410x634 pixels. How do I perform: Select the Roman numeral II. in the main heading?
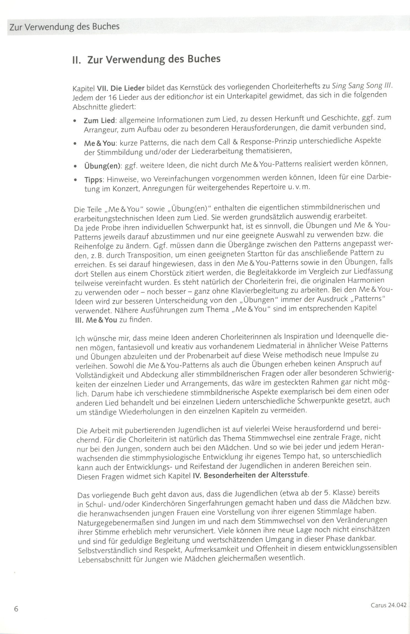[76, 60]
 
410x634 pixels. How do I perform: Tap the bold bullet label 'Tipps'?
[93, 180]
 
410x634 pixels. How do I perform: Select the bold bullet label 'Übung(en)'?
[103, 166]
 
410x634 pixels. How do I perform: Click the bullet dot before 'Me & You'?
[75, 144]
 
